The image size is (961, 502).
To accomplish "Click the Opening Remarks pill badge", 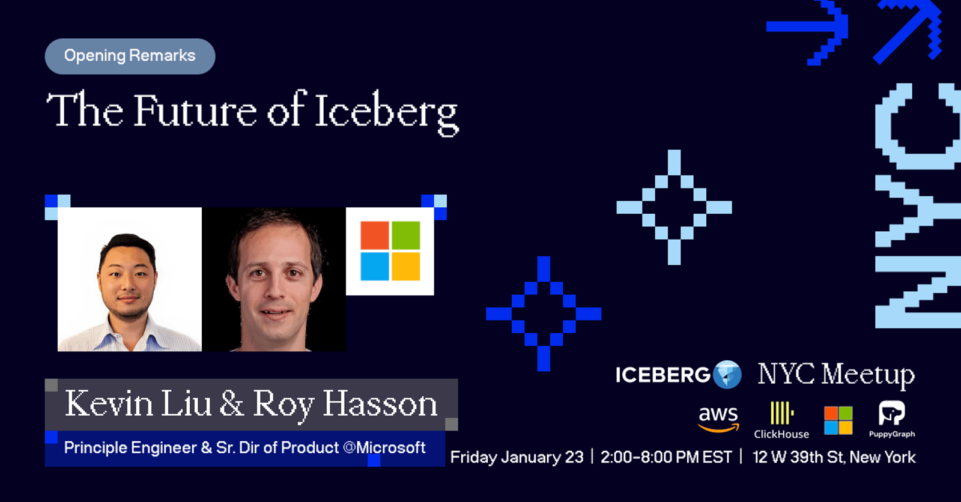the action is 130,56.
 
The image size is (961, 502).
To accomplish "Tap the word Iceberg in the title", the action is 387,112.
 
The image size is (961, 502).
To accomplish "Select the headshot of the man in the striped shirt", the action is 130,279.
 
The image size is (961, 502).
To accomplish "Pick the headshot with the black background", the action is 274,279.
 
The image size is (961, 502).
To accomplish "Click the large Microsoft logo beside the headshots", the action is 390,251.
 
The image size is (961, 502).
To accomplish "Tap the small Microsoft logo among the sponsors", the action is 838,420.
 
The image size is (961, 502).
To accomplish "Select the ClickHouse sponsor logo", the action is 781,420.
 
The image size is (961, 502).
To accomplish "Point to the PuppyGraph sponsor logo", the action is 892,419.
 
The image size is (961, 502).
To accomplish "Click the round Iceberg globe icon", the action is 727,375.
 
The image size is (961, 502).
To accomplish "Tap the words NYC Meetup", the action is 836,375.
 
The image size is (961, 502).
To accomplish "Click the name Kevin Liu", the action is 138,404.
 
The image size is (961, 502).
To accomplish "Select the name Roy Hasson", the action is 345,405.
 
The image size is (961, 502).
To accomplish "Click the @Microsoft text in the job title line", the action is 384,448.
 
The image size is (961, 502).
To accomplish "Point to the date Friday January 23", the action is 517,458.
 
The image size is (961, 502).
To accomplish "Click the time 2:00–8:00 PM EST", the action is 666,458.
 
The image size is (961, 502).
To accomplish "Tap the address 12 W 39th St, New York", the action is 834,458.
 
